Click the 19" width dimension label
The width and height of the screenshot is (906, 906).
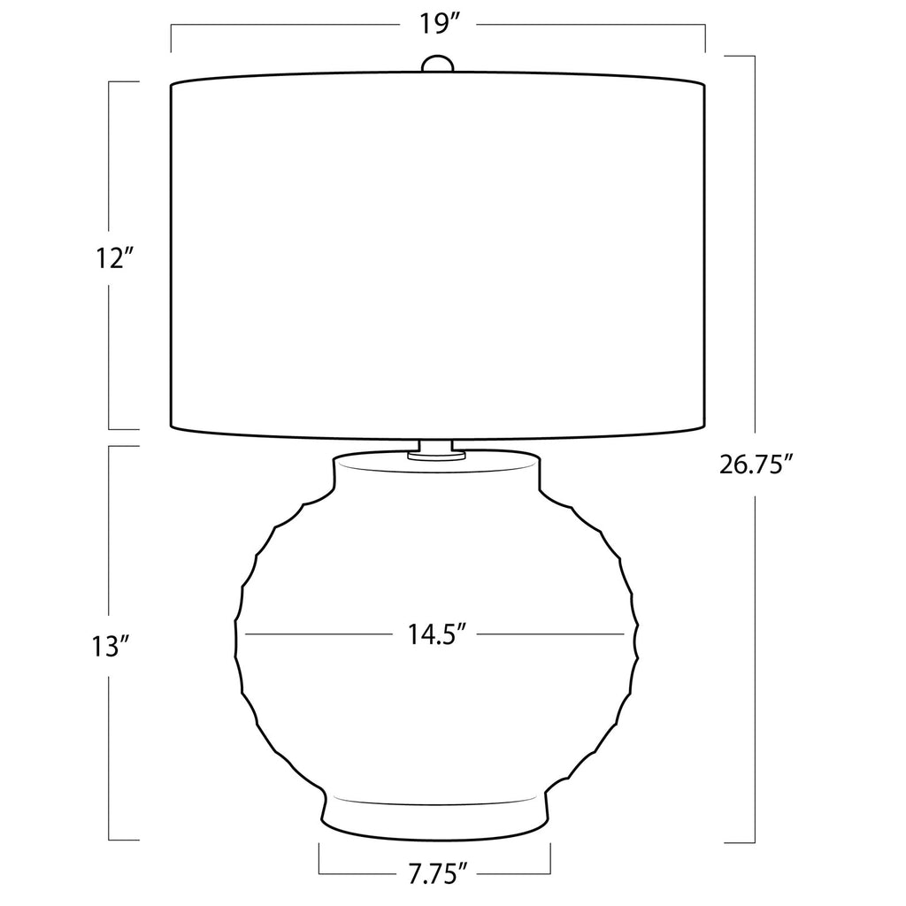(x=440, y=25)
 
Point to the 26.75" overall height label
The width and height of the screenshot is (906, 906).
(x=756, y=465)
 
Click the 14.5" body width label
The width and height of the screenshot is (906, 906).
(x=437, y=634)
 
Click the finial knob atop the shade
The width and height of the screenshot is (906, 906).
(x=437, y=64)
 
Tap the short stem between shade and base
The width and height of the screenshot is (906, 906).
(x=436, y=447)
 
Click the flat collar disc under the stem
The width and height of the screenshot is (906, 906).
(x=436, y=456)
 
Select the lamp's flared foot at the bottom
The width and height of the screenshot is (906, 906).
(x=434, y=818)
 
